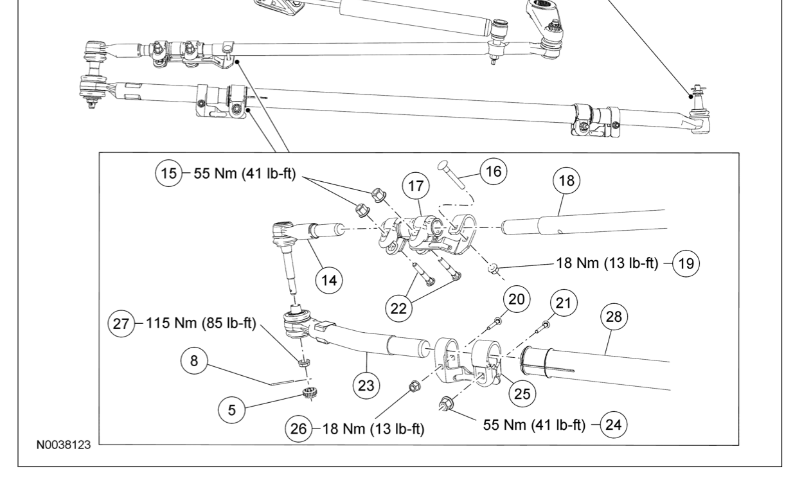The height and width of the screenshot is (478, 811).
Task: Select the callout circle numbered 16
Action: (494, 172)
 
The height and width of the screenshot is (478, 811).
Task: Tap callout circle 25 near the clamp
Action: (522, 393)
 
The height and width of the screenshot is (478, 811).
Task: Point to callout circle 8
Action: (194, 361)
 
